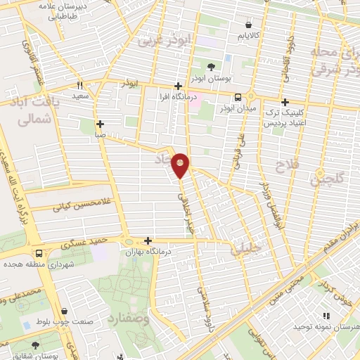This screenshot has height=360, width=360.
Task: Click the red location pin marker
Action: tap(181, 165)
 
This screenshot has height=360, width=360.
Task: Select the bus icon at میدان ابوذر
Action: tap(238, 97)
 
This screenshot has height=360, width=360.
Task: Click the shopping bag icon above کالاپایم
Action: tap(248, 23)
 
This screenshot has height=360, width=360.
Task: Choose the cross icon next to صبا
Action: tap(100, 123)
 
